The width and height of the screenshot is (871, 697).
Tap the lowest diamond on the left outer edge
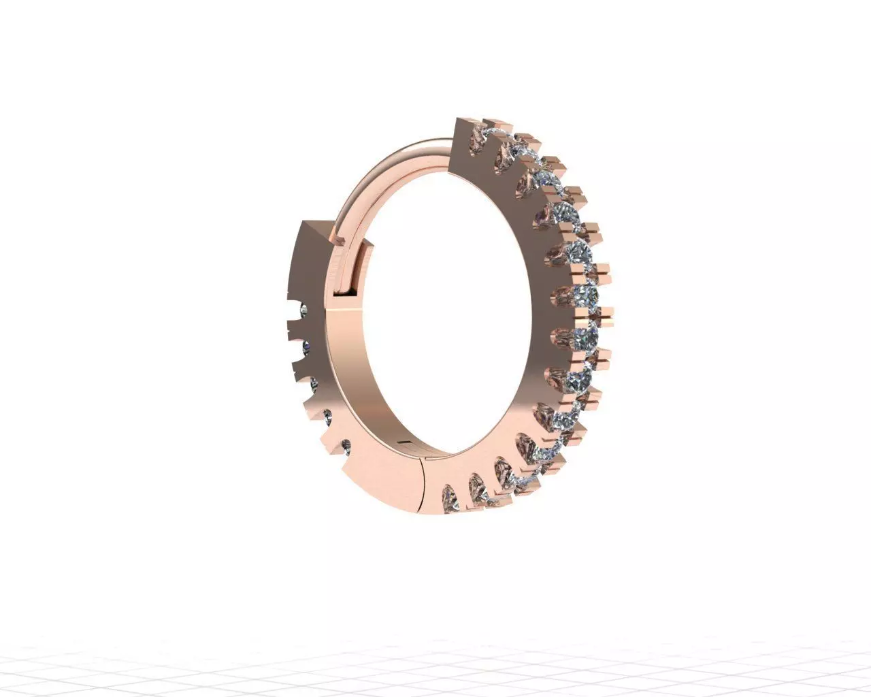[346, 447]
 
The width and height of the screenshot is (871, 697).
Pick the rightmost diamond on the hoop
[587, 295]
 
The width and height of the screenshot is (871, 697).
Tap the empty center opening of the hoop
[449, 306]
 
